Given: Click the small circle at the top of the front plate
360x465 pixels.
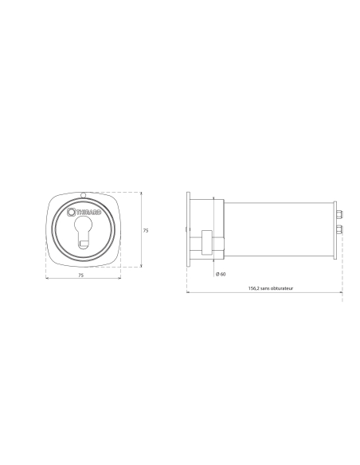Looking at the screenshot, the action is click(84, 195).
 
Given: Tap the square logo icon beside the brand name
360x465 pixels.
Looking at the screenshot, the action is click(71, 212).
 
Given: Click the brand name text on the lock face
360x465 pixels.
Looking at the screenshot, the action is click(88, 213).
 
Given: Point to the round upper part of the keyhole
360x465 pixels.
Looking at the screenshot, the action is click(84, 225).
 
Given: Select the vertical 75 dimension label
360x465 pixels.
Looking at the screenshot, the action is click(146, 230).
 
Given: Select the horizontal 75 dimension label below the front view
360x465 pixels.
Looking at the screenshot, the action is click(81, 275).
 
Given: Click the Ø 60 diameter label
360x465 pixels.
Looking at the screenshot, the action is click(221, 275).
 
